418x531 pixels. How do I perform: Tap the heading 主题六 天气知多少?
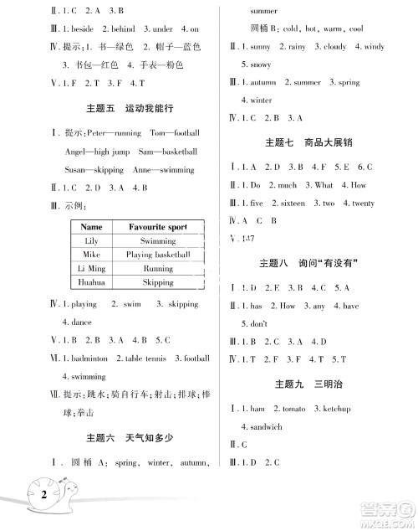pyautogui.click(x=126, y=438)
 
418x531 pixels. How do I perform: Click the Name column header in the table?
pyautogui.click(x=92, y=227)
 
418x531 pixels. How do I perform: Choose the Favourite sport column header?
pyautogui.click(x=158, y=227)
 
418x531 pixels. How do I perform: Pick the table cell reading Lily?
pyautogui.click(x=92, y=241)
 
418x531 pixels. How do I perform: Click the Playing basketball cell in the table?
pyautogui.click(x=158, y=255)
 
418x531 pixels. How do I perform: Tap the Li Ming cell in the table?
pyautogui.click(x=92, y=269)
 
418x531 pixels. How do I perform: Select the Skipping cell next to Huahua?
pyautogui.click(x=158, y=282)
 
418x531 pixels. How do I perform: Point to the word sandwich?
pyautogui.click(x=262, y=426)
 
